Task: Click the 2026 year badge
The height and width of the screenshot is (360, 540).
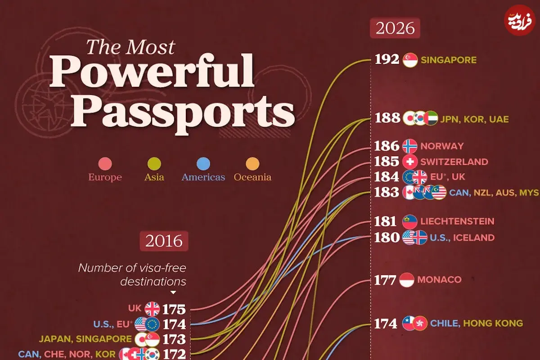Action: [395, 28]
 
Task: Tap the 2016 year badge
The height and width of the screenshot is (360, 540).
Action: [164, 241]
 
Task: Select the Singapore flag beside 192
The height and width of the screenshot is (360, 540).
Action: [410, 60]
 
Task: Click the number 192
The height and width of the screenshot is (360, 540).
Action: [387, 59]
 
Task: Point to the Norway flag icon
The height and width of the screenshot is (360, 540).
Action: [410, 146]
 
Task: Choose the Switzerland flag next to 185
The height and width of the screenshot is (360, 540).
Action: [410, 162]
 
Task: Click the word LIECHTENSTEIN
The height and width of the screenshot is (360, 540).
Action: [457, 221]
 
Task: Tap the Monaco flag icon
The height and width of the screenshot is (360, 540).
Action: [407, 280]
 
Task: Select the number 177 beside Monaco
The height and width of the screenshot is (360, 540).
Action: [385, 280]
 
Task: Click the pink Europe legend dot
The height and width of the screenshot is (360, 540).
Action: [105, 164]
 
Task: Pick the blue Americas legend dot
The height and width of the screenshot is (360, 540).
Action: [203, 164]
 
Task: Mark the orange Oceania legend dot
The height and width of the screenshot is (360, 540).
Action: [252, 164]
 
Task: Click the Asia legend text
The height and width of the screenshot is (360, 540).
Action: [154, 177]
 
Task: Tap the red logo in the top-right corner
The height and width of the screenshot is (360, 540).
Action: [519, 20]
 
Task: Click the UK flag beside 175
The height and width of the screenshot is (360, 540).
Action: [152, 309]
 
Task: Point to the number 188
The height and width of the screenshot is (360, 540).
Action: [387, 118]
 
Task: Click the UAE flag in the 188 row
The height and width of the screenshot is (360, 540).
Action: [431, 118]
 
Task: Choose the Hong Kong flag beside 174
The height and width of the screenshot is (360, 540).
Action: [420, 323]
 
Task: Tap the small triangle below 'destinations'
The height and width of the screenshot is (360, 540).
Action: [173, 292]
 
